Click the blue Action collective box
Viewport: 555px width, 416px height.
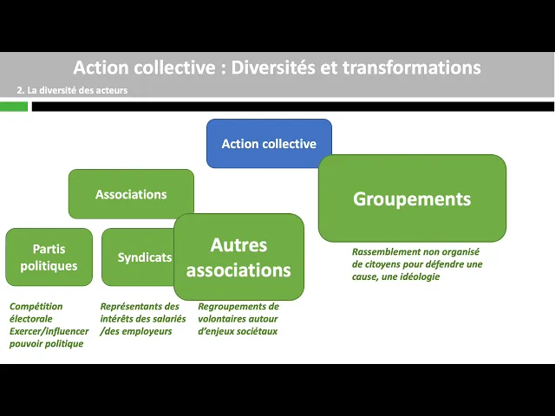coord(269,144)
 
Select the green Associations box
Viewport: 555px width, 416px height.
coord(131,194)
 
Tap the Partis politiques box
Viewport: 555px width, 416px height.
coord(49,257)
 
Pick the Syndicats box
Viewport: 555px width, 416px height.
coord(139,257)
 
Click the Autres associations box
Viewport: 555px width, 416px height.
coord(238,257)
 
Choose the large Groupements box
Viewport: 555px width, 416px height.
coord(412,198)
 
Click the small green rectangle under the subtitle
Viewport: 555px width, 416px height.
coord(14,107)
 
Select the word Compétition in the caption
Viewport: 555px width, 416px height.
coord(37,307)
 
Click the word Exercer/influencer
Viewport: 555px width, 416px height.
coord(49,331)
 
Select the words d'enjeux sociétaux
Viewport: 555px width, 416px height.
coord(238,331)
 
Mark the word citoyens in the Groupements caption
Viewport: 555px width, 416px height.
coord(375,264)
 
